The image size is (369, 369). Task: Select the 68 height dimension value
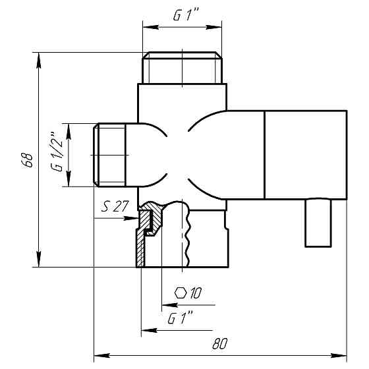[x=28, y=160]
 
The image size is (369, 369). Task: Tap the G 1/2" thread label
[x=57, y=152]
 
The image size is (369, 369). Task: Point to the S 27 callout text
[x=115, y=206]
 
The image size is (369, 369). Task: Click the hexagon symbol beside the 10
[x=181, y=293]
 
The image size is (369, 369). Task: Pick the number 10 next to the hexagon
[x=196, y=293]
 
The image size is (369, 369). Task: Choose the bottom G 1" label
[x=181, y=318]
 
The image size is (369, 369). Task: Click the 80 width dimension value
[x=220, y=343]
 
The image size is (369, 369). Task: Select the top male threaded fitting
[x=182, y=67]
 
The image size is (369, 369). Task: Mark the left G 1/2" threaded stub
[x=109, y=155]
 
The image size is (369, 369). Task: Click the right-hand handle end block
[x=306, y=155]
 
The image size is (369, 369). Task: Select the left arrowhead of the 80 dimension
[x=102, y=355]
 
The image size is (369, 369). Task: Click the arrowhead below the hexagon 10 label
[x=170, y=305]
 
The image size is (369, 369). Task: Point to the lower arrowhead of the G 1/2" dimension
[x=69, y=179]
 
